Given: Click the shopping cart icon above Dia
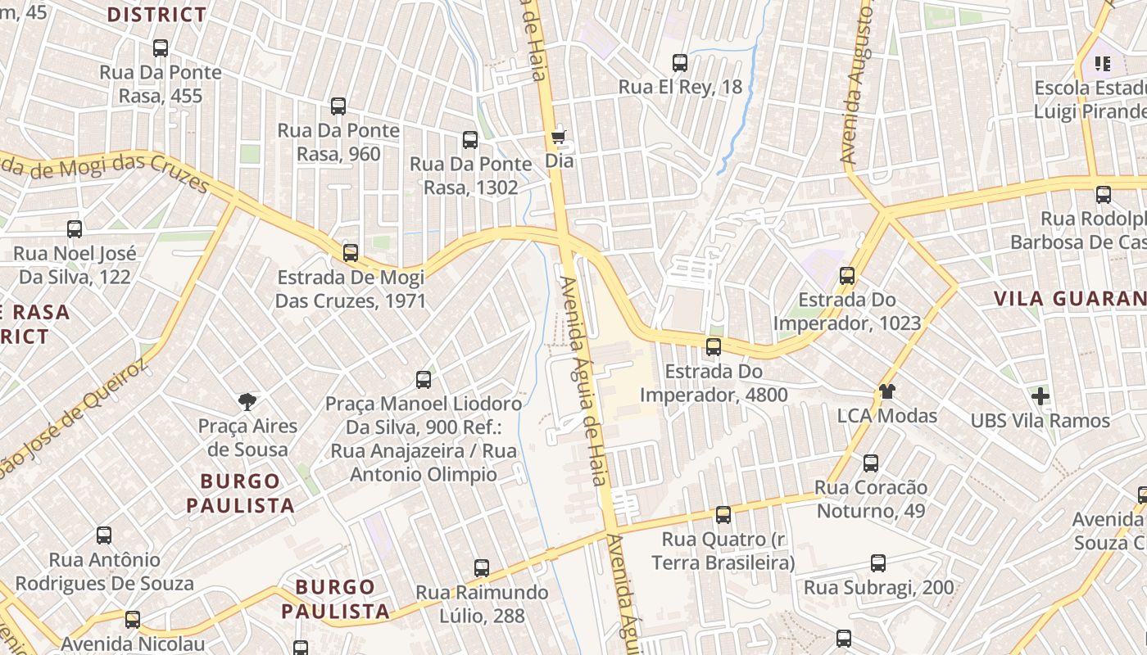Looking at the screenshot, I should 559,136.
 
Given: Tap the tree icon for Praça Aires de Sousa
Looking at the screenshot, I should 247,401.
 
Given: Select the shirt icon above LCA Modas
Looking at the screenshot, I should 886,391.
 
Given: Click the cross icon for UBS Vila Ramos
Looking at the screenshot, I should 1040,397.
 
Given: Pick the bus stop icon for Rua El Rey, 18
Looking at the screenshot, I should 679,62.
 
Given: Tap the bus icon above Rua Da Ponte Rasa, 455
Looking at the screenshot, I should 161,48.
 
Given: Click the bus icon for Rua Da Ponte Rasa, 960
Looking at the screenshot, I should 338,106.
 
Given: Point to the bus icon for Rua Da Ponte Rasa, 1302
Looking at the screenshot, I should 469,140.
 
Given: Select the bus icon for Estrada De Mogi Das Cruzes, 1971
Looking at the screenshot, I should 351,253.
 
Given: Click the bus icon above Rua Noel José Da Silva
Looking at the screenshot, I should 75,229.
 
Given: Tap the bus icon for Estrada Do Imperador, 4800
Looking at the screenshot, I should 714,347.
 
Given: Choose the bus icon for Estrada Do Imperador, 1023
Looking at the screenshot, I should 847,276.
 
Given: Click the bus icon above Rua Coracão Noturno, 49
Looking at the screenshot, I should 871,463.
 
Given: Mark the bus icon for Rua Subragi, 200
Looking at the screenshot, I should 878,563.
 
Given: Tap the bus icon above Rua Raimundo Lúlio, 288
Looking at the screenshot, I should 482,568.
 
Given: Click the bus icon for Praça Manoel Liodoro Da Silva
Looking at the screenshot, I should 423,380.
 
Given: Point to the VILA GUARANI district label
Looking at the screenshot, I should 1070,299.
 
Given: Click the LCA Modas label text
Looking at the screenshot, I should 886,416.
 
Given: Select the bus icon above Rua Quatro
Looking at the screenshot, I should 723,515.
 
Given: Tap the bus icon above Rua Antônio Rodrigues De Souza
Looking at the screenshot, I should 104,535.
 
